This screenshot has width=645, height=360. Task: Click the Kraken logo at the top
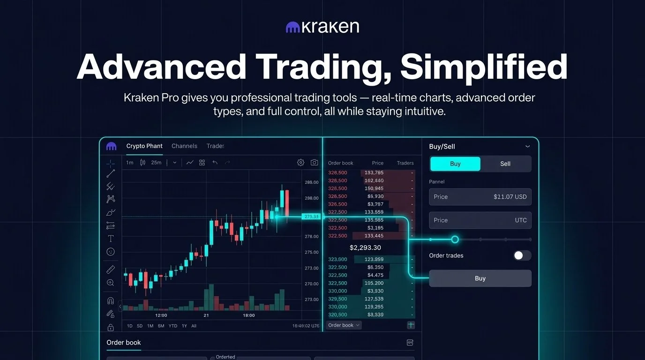[x=322, y=27]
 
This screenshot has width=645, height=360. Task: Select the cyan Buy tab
[x=455, y=164]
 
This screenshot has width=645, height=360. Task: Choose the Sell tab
[x=505, y=164]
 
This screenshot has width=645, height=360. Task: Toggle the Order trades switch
[x=522, y=255]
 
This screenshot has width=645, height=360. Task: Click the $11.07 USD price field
[x=480, y=197]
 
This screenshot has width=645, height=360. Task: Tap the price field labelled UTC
[x=480, y=220]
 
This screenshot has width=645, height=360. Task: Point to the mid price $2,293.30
[x=365, y=247]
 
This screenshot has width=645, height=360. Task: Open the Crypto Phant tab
[x=144, y=146]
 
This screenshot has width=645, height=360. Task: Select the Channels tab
[x=184, y=146]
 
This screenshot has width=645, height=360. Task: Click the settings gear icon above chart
[x=300, y=163]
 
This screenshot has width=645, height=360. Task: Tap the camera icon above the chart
[x=314, y=163]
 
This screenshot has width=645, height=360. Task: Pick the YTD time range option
[x=173, y=326]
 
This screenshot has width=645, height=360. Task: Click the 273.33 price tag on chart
[x=311, y=217]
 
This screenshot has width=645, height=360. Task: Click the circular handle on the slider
[x=455, y=240]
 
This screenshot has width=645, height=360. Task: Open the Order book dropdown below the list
[x=344, y=325]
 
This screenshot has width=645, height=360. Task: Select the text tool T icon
[x=111, y=239]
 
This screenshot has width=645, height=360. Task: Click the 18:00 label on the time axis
[x=249, y=315]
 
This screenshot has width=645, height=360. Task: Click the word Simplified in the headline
[x=483, y=67]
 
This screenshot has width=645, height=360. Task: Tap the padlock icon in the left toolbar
[x=111, y=327]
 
